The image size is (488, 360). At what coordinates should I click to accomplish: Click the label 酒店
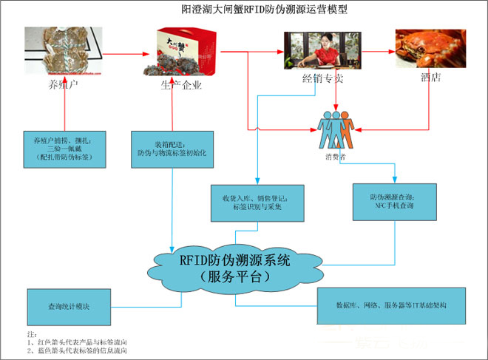click(429, 78)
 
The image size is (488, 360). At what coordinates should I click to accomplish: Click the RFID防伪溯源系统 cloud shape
click(234, 268)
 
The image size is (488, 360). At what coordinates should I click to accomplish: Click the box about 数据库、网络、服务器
click(390, 305)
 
